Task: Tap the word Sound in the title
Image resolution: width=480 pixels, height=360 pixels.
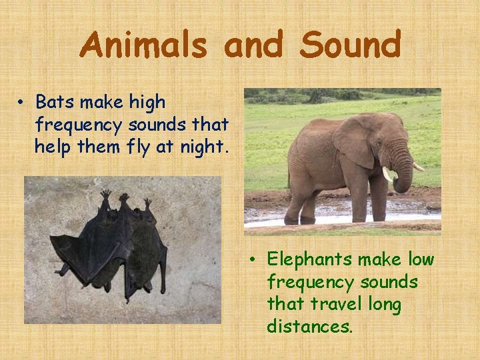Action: [350, 46]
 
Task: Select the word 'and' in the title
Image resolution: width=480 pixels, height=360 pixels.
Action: [253, 46]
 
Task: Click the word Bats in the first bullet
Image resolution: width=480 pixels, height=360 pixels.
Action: [55, 103]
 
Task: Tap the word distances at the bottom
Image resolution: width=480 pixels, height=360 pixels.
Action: [309, 327]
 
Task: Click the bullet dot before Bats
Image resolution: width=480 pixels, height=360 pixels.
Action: [22, 103]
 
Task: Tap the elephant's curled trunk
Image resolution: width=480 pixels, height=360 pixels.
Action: [403, 175]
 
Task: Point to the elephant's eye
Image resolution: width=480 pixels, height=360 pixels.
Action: [382, 141]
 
